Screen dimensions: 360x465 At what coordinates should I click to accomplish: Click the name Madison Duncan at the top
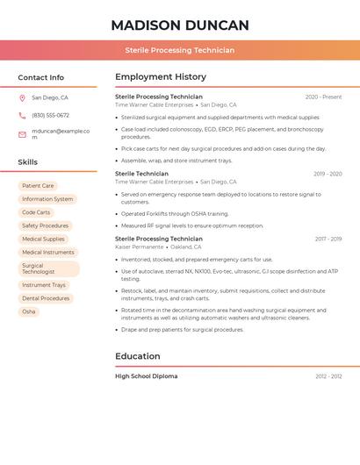(180, 25)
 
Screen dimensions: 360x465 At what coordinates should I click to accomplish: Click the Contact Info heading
(40, 77)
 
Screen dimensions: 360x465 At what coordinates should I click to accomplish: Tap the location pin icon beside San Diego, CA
(22, 98)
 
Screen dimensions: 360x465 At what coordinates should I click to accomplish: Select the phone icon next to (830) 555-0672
(22, 115)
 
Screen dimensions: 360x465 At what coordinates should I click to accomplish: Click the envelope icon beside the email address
(22, 133)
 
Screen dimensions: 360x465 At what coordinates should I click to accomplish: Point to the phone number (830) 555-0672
(50, 115)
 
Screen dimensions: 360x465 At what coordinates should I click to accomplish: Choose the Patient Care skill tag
(38, 186)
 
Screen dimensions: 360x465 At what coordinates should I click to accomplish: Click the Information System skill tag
(47, 199)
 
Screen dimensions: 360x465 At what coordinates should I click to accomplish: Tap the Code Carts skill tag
(36, 212)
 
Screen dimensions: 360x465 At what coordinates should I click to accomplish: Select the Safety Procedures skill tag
(45, 225)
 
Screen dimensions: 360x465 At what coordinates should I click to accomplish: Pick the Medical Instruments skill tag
(48, 252)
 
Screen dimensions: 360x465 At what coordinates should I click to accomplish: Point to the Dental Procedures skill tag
(46, 298)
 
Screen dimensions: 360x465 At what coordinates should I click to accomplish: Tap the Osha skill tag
(29, 311)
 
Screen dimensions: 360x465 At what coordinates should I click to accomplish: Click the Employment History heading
(161, 77)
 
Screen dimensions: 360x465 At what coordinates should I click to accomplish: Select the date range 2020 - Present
(323, 97)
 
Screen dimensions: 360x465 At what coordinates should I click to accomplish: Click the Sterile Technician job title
(141, 174)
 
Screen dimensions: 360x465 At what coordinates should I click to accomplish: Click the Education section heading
(138, 356)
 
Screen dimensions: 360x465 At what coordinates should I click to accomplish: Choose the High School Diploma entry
(146, 376)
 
